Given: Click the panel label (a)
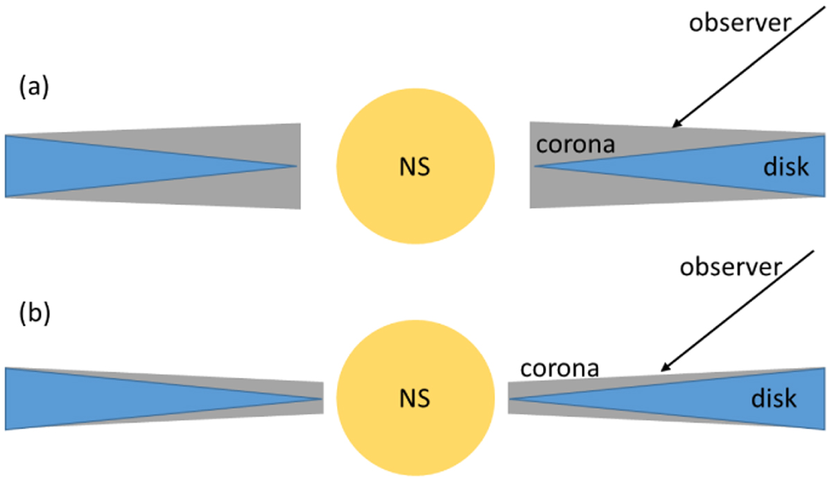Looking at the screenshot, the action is coord(34,87).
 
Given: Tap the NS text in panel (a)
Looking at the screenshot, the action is coord(415,167).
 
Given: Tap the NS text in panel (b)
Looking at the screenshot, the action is coord(415,399).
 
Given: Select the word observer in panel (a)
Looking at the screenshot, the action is coord(740,23).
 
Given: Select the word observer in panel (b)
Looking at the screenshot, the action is coord(731,268).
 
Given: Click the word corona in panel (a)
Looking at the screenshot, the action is coord(575,144).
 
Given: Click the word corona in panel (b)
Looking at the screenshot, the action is coord(560,369).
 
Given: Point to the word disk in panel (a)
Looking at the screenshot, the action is coord(786,167).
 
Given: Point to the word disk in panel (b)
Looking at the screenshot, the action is coord(774,399).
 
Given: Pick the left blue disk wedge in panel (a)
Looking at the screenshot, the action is coord(112,166).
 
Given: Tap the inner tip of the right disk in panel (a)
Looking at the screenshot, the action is coord(535,166).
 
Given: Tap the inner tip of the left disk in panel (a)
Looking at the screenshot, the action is coord(297,166).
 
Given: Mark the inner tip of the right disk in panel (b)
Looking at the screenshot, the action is coord(509,399).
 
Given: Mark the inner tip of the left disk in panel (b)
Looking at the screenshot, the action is coord(322,399).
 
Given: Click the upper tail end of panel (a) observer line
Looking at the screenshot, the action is coord(825,7).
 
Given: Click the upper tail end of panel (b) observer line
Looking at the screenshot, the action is coord(814,251).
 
